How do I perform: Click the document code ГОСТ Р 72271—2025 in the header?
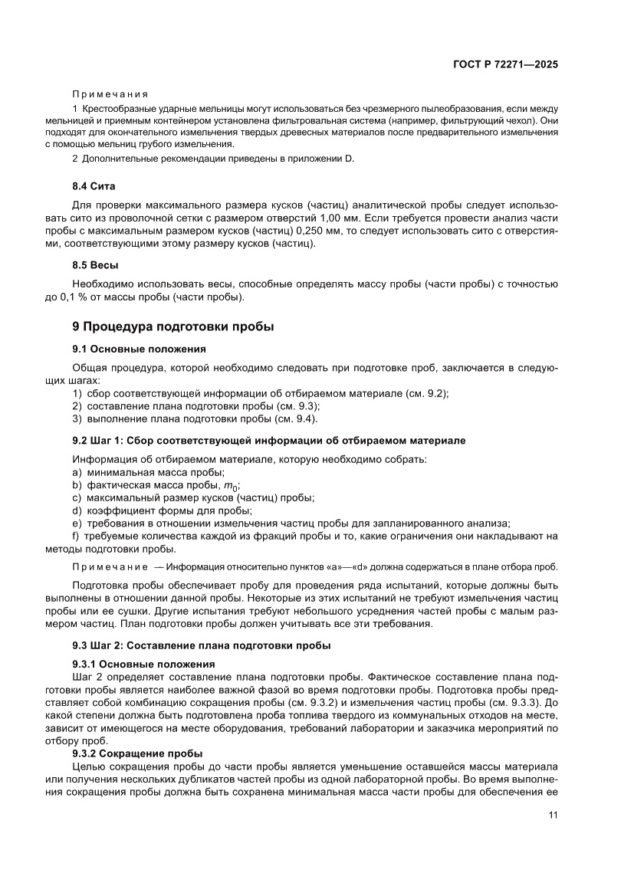[501, 64]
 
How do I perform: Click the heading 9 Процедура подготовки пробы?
[172, 327]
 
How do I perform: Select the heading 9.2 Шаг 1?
[268, 441]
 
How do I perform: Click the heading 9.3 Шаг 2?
[201, 645]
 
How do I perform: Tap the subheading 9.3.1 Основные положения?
[143, 664]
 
